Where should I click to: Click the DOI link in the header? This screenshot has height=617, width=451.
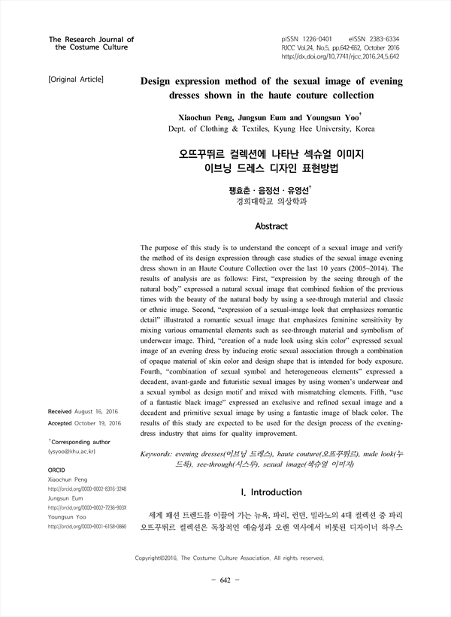tap(341, 56)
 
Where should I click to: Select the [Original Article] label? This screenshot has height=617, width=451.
tap(76, 78)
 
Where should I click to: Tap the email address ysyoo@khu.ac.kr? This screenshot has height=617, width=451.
tap(74, 452)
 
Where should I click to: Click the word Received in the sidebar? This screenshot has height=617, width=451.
tap(65, 412)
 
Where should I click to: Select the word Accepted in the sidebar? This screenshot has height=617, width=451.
tap(65, 423)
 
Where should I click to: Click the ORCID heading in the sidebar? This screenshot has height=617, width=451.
tap(57, 468)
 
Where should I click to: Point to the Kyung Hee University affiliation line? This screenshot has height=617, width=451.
tap(271, 129)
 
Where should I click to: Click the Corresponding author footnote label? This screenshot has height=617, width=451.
tap(80, 443)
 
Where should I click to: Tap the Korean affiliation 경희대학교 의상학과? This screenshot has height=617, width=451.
tap(271, 201)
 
